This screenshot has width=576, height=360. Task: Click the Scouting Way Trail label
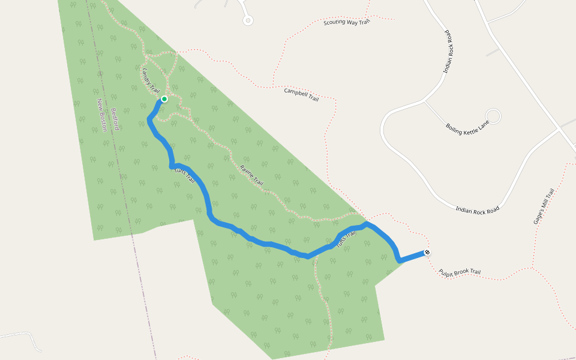tap(347, 22)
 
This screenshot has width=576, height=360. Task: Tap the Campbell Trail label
tap(301, 94)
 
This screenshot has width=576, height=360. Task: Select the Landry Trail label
tap(151, 80)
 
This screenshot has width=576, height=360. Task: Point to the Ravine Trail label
tap(251, 174)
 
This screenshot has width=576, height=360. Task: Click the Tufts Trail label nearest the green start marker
tap(185, 175)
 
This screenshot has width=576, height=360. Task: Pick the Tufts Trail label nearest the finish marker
tap(346, 239)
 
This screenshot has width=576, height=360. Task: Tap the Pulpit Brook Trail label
tap(460, 272)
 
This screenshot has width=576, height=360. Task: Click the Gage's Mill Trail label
tap(544, 206)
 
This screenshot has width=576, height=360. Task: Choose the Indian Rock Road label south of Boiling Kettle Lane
tap(478, 209)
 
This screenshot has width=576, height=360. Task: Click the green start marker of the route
tap(164, 99)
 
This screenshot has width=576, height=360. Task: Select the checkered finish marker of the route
tap(427, 253)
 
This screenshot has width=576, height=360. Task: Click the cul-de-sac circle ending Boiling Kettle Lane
tap(493, 115)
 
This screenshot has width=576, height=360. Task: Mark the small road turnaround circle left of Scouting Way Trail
tap(248, 20)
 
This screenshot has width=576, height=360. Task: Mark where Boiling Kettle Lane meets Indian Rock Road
tap(425, 101)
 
